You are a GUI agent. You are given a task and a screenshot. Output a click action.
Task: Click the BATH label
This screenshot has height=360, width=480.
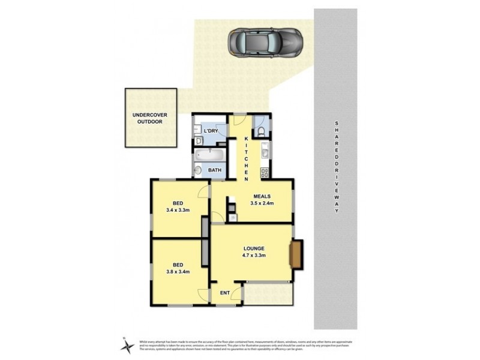(214, 170)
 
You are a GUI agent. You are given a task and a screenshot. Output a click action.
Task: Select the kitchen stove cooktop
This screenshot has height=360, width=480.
(263, 173)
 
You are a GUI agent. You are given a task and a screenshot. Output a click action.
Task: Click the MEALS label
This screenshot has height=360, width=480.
(262, 196)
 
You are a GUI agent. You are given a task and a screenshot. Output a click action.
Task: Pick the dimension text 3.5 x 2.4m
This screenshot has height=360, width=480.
(262, 203)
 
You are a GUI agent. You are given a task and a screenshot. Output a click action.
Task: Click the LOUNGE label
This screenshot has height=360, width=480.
(254, 248)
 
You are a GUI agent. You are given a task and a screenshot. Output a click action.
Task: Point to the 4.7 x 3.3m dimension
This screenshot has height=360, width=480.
(254, 255)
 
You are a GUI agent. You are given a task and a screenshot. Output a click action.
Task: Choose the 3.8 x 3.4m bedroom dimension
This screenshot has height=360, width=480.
(178, 271)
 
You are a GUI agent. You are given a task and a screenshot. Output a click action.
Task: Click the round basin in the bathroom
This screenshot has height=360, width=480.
(198, 171)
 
